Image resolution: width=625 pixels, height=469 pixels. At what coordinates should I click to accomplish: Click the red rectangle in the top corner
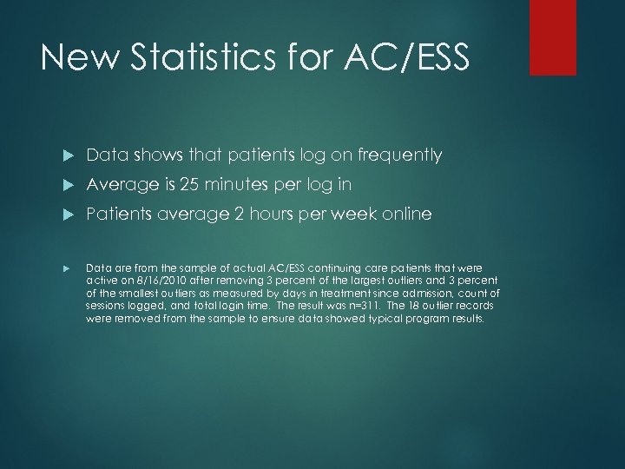point(553,37)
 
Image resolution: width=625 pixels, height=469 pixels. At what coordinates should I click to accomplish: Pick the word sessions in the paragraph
point(106,307)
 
